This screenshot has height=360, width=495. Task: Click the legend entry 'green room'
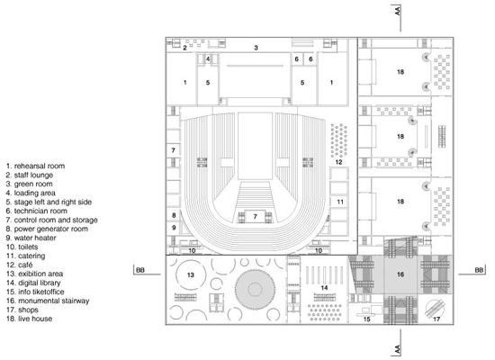[x=30, y=184]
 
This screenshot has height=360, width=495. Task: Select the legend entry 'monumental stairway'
[x=48, y=301]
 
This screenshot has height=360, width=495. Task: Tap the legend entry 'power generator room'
[x=47, y=229]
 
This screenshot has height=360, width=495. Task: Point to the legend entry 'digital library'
[x=33, y=283]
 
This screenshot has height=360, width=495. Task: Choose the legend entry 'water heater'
[x=31, y=238]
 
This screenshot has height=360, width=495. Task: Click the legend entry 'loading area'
[x=31, y=193]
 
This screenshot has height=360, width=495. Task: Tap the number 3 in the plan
[x=256, y=48]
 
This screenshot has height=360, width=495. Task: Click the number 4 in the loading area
[x=208, y=58]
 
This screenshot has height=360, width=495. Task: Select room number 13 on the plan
[x=191, y=275]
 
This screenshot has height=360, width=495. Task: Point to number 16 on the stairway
[x=400, y=274]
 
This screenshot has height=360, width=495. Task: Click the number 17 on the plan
[x=436, y=319]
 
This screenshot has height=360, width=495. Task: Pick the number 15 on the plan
[x=366, y=319]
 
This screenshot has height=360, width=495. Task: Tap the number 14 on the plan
[x=324, y=288]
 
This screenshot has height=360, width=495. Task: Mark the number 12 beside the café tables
[x=338, y=162]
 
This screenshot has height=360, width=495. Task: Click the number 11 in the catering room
[x=340, y=202]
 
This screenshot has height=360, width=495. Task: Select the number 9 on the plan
[x=174, y=228]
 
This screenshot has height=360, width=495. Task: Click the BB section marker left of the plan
[x=140, y=270]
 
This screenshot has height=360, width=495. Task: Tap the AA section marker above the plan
[x=397, y=11]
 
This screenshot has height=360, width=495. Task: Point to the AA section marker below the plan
[x=397, y=349]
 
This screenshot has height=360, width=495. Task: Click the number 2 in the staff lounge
[x=185, y=48]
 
